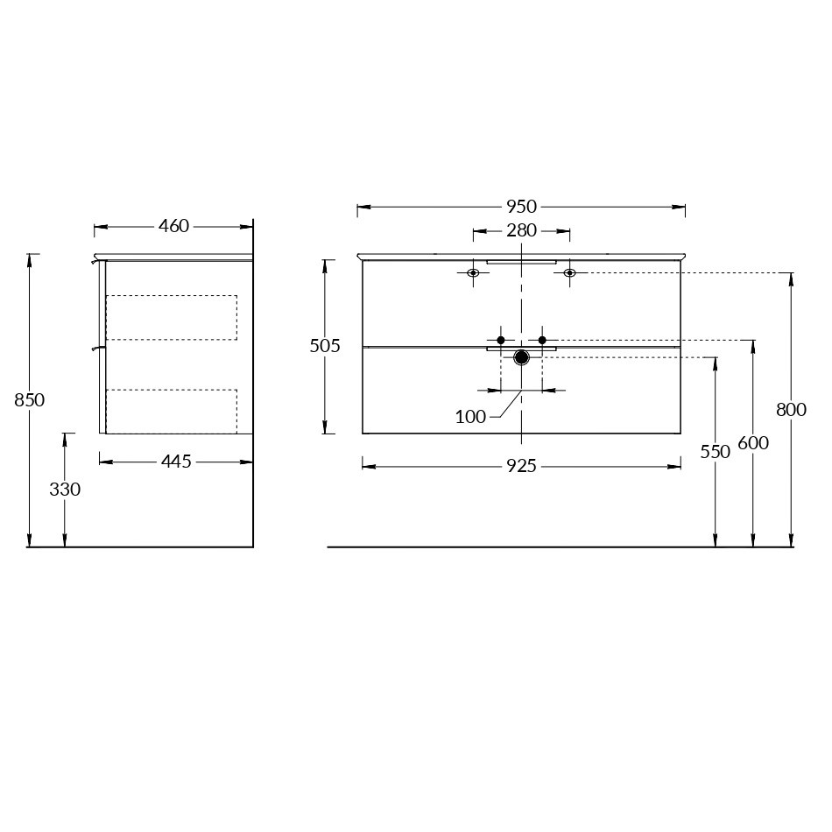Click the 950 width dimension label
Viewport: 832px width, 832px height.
(x=521, y=207)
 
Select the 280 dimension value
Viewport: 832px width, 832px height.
(x=521, y=231)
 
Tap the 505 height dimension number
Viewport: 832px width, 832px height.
(x=325, y=346)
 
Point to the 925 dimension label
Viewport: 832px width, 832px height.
(x=521, y=466)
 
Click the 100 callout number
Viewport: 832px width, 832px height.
(x=470, y=417)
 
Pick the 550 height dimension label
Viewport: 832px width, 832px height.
(x=716, y=452)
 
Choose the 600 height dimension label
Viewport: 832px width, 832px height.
(x=753, y=443)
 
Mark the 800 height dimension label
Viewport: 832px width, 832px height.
(x=791, y=410)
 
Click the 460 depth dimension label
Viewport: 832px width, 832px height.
(x=173, y=227)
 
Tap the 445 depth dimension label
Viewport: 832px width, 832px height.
(x=176, y=462)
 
